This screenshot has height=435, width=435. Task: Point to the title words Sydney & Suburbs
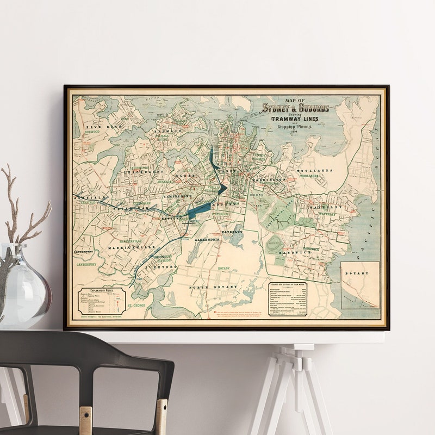(x=295, y=108)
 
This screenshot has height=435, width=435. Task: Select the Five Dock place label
(x=98, y=126)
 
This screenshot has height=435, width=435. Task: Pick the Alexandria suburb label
(x=205, y=239)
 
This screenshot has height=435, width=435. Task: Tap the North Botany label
(x=213, y=286)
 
